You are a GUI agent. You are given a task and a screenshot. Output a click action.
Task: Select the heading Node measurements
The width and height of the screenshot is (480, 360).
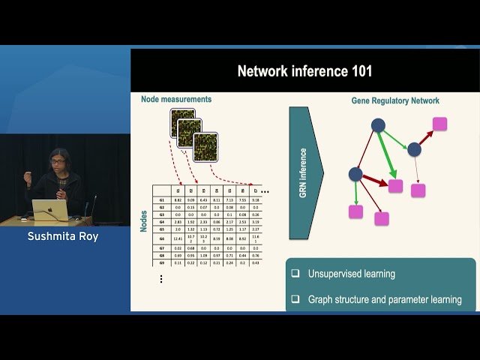pyautogui.click(x=176, y=99)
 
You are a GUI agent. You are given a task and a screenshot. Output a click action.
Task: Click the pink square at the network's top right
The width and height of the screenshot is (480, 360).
pyautogui.click(x=439, y=124)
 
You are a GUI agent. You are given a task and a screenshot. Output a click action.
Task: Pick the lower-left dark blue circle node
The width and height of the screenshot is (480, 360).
pyautogui.click(x=355, y=174)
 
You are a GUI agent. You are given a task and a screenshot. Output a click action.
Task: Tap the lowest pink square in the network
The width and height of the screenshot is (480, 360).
pyautogui.click(x=382, y=219)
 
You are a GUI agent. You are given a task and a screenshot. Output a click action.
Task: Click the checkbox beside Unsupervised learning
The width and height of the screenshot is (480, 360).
pyautogui.click(x=295, y=274)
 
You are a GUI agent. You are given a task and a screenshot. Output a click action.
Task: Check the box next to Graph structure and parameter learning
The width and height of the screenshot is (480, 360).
pyautogui.click(x=295, y=299)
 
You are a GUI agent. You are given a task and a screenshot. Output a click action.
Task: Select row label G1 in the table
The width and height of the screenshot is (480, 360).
pyautogui.click(x=162, y=200)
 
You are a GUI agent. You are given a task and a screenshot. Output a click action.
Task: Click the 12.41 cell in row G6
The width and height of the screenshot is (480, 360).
pyautogui.click(x=178, y=238)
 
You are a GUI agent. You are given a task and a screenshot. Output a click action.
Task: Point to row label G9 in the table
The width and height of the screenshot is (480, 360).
pyautogui.click(x=162, y=263)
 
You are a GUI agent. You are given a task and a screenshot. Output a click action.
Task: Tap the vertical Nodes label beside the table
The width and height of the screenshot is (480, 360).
pyautogui.click(x=143, y=220)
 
